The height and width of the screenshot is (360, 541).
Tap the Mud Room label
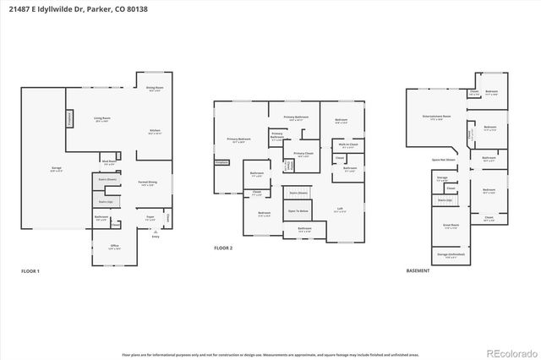[x=109, y=162]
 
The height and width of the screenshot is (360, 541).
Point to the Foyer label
[x=150, y=218]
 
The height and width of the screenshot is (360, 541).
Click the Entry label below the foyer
[x=156, y=236]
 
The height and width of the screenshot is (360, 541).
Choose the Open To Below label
[x=298, y=210]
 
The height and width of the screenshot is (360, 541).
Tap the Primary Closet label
[x=303, y=155]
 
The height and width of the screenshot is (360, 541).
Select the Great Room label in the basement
[x=451, y=226]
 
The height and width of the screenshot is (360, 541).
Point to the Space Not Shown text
[x=444, y=159]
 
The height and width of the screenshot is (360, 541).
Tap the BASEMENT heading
[x=418, y=271]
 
